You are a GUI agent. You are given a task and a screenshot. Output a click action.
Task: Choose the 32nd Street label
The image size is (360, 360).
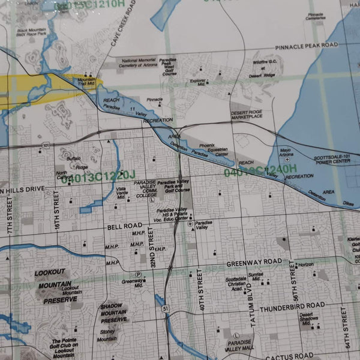coord(153,253)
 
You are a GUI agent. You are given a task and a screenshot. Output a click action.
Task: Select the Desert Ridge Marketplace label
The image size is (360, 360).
coord(247,114)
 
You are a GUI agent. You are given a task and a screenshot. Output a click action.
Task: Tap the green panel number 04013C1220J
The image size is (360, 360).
coord(95,177)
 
